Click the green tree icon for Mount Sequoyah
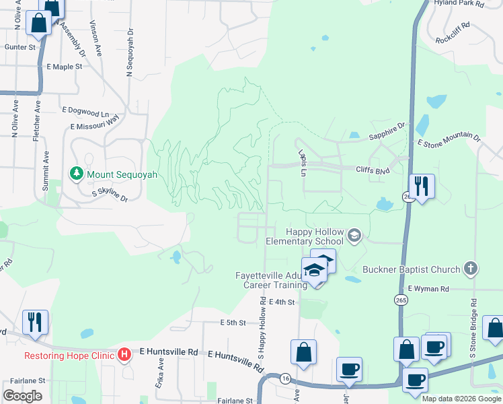pyautogui.click(x=77, y=174)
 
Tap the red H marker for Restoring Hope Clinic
pyautogui.click(x=124, y=354)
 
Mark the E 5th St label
pyautogui.click(x=233, y=323)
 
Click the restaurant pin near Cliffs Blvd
pyautogui.click(x=422, y=185)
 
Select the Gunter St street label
pyautogui.click(x=20, y=47)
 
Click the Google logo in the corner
pyautogui.click(x=22, y=395)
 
